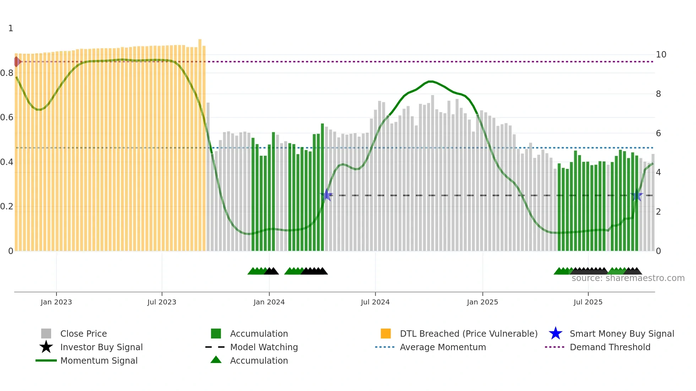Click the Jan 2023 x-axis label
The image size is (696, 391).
[56, 302]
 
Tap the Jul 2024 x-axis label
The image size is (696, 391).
[375, 302]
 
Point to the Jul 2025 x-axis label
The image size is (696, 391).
[588, 302]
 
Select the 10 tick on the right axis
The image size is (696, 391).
[661, 55]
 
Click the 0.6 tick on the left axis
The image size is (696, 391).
[7, 117]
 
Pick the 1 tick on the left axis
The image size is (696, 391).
[11, 28]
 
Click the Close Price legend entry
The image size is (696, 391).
[83, 334]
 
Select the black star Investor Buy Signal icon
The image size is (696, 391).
[46, 347]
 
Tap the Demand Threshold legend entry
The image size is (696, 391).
[610, 347]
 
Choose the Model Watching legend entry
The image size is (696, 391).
[264, 347]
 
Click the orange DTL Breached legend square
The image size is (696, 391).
[386, 334]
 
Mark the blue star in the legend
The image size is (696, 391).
[555, 334]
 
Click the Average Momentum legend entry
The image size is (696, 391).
[443, 347]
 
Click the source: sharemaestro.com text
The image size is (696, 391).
[628, 278]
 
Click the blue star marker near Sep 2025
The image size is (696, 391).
[636, 195]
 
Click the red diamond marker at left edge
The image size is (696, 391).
[17, 62]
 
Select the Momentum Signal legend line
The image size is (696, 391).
[46, 360]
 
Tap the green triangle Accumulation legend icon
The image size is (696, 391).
[216, 360]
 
